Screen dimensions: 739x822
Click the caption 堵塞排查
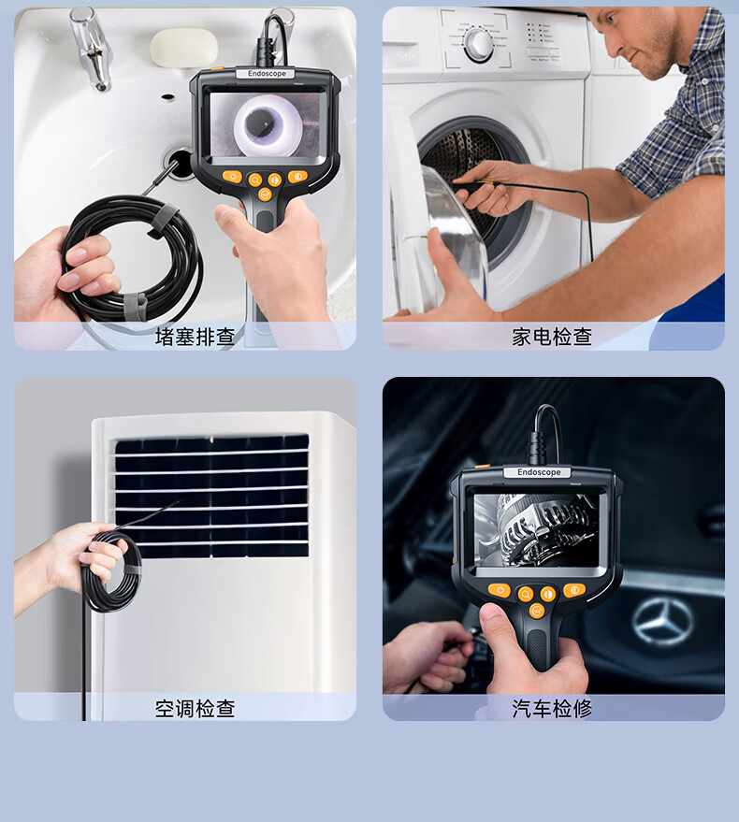pos(195,337)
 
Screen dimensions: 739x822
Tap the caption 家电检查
pos(552,337)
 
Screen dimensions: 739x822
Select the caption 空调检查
pos(195,708)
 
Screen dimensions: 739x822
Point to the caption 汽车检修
pos(552,708)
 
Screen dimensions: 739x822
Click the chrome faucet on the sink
pos(93,49)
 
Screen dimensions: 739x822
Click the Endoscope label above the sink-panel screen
pos(267,74)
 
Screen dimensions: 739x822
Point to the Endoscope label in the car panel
pos(539,472)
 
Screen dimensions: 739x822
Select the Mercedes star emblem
pos(663,622)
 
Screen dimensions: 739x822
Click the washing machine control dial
pos(479,45)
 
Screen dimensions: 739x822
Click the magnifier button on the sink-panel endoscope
pos(254,180)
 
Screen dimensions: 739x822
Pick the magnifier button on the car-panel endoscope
pos(526,594)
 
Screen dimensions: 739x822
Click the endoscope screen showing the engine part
pos(536,529)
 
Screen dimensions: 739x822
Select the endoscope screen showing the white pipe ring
pos(265,124)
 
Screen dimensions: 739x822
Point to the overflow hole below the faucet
pos(167,97)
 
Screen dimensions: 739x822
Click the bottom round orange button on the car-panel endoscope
pos(537,612)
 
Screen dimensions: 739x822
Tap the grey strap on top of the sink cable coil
pos(163,220)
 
